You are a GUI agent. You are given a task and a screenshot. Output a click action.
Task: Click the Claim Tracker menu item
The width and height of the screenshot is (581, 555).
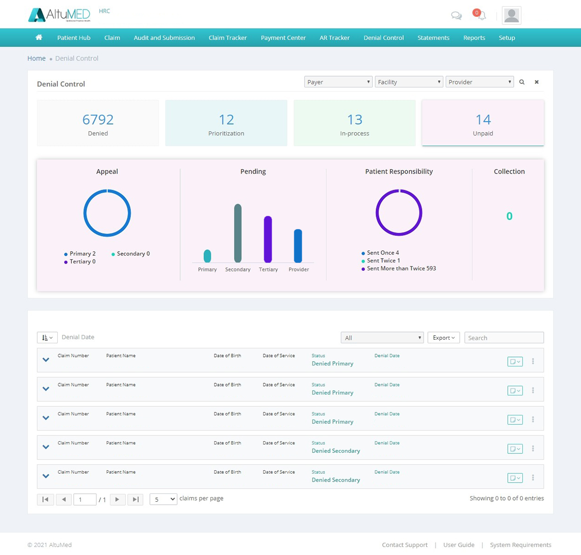(228, 38)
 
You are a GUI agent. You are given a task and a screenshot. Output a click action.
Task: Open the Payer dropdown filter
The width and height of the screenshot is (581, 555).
(338, 82)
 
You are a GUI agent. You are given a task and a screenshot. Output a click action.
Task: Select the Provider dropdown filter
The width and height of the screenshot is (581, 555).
(479, 82)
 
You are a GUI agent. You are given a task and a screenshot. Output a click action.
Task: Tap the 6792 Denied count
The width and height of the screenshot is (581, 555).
(98, 119)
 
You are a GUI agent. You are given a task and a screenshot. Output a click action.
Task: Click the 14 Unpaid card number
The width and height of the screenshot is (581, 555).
(483, 119)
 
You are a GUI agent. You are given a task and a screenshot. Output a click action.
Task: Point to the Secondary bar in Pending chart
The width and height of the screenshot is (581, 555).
(238, 233)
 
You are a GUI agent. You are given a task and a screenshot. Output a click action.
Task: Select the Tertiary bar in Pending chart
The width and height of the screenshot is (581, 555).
(268, 239)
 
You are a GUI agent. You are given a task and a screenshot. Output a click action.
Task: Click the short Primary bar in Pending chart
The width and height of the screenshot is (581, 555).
(207, 256)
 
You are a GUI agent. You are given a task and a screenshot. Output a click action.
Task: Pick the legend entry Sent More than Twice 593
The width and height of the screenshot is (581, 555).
(401, 269)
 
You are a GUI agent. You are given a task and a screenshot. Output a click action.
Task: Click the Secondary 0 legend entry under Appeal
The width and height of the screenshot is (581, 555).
(133, 254)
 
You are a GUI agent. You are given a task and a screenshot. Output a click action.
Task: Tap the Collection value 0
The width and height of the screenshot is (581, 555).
(509, 216)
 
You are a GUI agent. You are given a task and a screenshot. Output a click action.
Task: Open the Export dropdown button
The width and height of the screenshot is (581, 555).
(443, 338)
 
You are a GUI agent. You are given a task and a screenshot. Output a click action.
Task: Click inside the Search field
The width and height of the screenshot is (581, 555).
(503, 338)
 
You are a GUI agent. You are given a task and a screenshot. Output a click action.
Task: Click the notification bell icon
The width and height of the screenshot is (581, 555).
(481, 16)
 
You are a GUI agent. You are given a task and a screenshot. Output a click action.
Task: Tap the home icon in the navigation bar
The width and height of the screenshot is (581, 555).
(39, 38)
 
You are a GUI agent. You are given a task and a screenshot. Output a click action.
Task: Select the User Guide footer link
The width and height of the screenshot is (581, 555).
(459, 545)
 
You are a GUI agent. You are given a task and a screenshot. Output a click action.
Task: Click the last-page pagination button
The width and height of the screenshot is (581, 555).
(135, 499)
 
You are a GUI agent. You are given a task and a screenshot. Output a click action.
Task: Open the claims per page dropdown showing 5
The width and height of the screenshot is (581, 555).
(163, 499)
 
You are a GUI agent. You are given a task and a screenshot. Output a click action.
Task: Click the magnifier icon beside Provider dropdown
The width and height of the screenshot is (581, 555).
(522, 82)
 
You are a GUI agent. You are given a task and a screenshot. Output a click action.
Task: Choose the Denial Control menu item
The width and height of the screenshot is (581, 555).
(383, 38)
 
